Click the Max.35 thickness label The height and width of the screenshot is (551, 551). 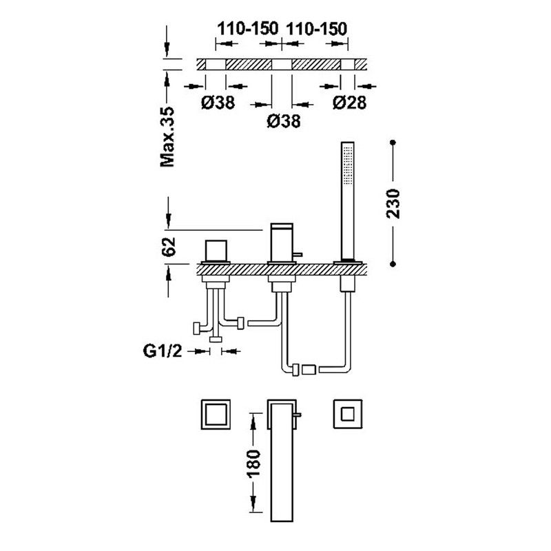pos(167,136)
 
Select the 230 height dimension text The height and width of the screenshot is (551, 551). pos(393,204)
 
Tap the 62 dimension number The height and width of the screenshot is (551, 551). pos(168,247)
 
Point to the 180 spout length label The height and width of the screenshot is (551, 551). pos(253,463)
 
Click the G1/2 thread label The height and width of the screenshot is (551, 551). pos(163,351)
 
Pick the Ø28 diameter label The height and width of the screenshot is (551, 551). pos(350,102)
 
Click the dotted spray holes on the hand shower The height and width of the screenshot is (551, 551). pos(348,165)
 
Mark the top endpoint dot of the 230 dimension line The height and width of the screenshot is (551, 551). pos(393,143)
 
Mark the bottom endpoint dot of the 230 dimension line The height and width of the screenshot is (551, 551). pos(393,264)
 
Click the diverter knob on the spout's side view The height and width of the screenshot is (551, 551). pos(298,254)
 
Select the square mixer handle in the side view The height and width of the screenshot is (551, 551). pos(216,251)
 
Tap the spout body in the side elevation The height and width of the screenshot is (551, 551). pos(281,242)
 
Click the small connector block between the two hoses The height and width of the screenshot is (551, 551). pos(309,370)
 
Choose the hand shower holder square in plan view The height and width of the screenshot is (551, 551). pos(348,414)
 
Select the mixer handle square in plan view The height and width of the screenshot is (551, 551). pos(216,414)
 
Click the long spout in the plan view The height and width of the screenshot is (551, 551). pos(282,460)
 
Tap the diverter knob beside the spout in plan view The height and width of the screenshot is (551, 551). pos(298,415)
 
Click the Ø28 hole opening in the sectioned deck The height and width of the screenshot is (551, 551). pos(348,64)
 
